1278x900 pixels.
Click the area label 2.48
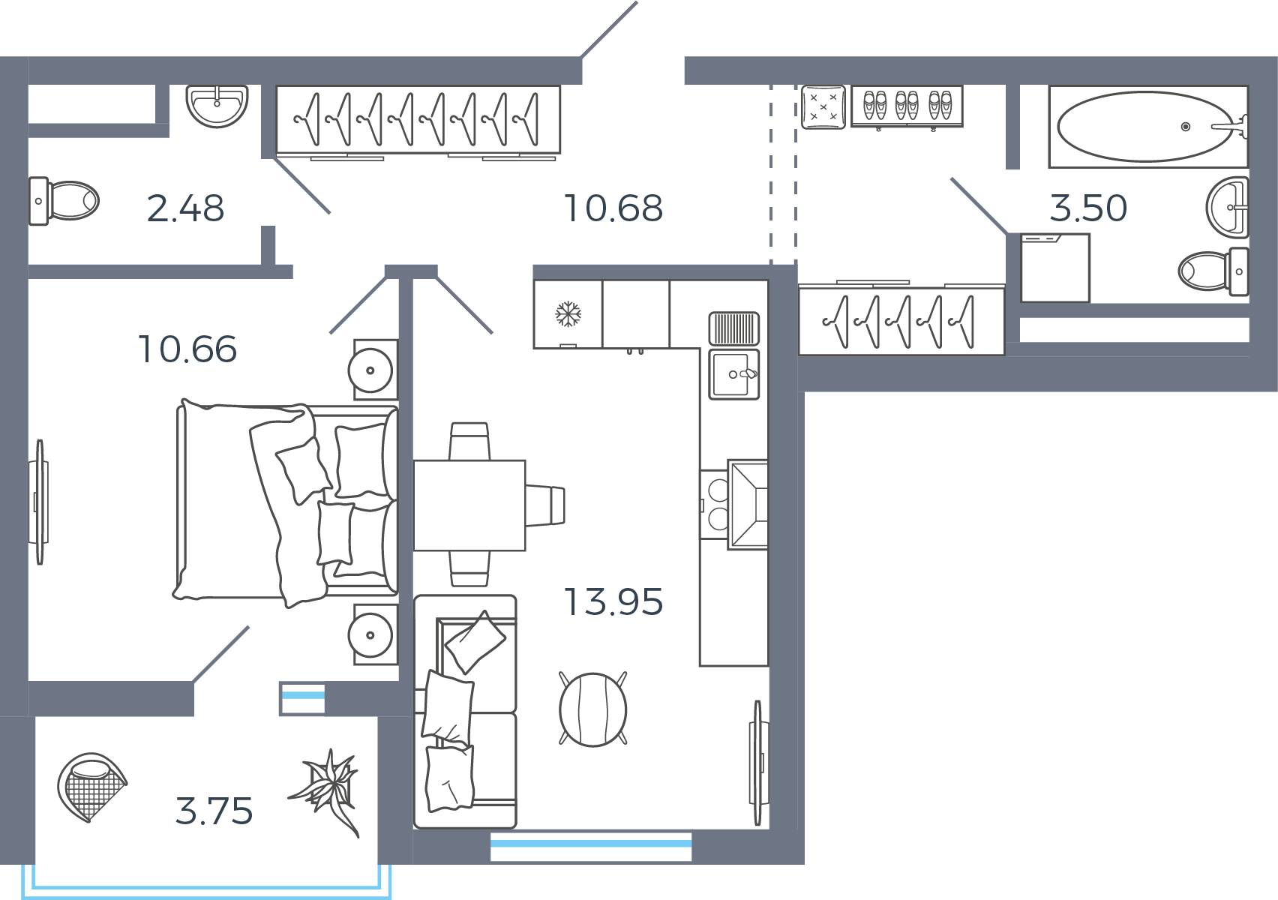(185, 208)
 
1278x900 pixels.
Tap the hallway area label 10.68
(613, 208)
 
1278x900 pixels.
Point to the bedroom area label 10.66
(187, 349)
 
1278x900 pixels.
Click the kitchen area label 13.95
(613, 602)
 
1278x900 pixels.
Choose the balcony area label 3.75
(214, 811)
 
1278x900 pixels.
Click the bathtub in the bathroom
(1148, 127)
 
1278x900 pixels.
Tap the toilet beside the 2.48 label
(64, 201)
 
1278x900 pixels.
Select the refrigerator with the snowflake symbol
(568, 314)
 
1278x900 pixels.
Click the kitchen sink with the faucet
(733, 374)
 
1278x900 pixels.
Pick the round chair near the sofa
(592, 709)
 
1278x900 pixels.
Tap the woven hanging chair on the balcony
(91, 787)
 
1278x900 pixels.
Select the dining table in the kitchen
(469, 505)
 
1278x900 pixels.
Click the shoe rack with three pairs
(907, 106)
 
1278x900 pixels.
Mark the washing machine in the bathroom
(1055, 268)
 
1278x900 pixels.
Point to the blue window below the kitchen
(591, 847)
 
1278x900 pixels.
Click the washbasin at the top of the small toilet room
(217, 106)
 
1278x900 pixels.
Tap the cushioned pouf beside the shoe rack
(823, 106)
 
